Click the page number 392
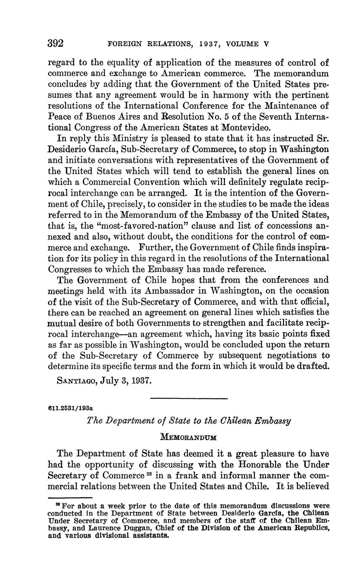click(55, 43)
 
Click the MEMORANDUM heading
click(189, 437)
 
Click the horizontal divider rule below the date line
click(189, 398)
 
